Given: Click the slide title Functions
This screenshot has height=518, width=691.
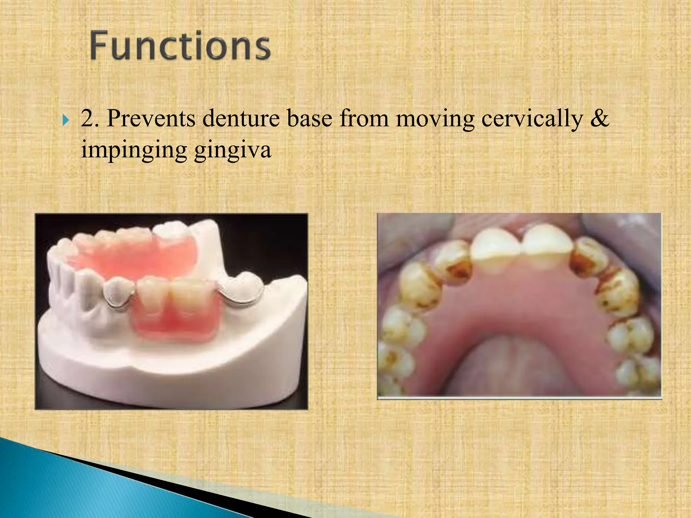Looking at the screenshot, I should pos(180,46).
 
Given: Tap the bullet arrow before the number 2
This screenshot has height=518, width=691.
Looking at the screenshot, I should pos(65,120).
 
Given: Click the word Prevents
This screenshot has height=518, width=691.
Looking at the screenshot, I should pos(151,118).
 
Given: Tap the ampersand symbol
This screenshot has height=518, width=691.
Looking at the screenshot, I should pos(600,118).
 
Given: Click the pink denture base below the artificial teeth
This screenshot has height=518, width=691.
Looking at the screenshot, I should pos(175,325).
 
